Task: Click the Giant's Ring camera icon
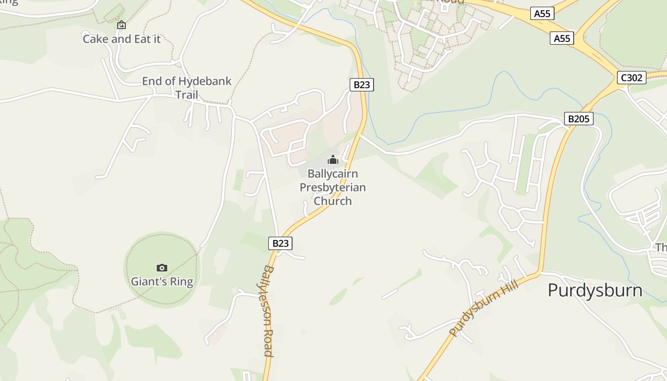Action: click(162, 268)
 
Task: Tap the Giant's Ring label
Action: click(162, 281)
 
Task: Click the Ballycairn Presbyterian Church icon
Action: click(333, 160)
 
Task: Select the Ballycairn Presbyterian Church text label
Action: click(333, 187)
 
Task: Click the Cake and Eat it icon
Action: click(121, 25)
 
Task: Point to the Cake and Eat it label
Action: click(121, 39)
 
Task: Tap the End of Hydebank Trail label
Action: click(187, 88)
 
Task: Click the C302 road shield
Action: click(632, 78)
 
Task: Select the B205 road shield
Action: click(578, 119)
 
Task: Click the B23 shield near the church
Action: click(362, 85)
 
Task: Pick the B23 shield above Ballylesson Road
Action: click(280, 243)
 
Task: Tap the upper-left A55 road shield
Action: click(542, 13)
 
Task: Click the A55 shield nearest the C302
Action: click(562, 38)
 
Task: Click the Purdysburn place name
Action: click(595, 290)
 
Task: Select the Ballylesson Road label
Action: click(268, 311)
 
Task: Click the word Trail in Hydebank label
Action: click(186, 94)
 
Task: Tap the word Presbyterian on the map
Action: click(333, 187)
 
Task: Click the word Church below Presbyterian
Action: click(333, 201)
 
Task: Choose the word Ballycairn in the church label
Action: click(333, 173)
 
